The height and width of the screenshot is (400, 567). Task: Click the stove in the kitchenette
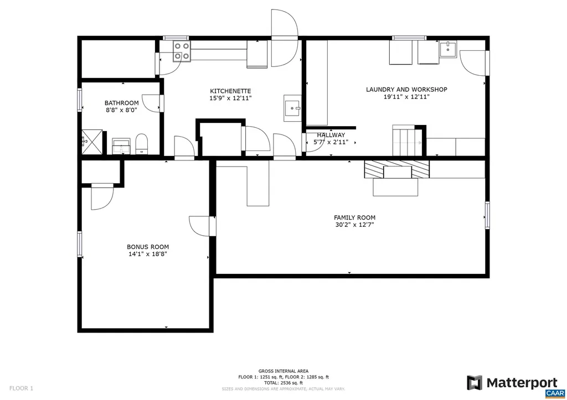coord(181,51)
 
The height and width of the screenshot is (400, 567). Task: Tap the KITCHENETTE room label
coord(230,91)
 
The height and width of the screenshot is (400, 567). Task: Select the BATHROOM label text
coord(121,103)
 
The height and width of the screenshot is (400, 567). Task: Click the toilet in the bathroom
coord(142,143)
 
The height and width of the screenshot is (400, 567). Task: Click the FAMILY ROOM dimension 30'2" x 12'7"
coord(354,225)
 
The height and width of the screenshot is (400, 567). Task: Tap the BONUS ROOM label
coord(148,247)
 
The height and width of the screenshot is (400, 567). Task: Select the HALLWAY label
coord(331,135)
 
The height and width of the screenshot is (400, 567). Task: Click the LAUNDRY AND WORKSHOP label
coord(406,90)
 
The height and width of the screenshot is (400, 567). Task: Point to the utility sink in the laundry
coord(447,50)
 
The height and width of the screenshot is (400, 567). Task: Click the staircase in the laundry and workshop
coord(408,141)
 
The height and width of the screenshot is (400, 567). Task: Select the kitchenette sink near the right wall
coord(292,108)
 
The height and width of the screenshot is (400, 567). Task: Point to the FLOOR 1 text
coord(21,388)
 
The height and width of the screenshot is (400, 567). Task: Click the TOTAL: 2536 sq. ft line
coord(283,383)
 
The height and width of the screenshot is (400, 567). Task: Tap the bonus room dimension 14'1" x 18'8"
coord(148,254)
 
